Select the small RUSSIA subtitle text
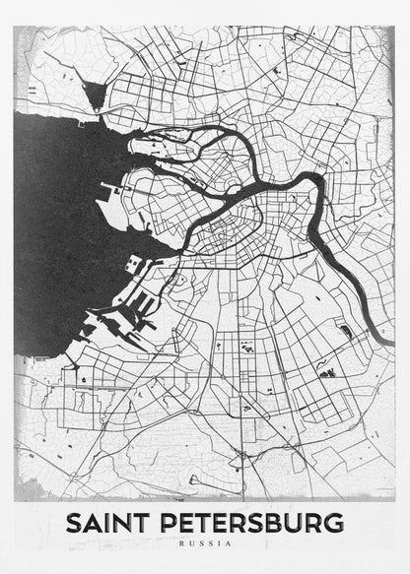[205, 542]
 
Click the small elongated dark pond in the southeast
[345, 332]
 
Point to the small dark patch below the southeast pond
[329, 372]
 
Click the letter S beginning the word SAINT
[73, 522]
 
